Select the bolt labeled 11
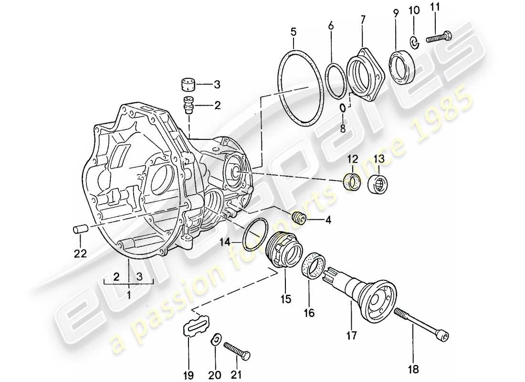[x=437, y=38]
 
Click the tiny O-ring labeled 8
[x=343, y=107]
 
